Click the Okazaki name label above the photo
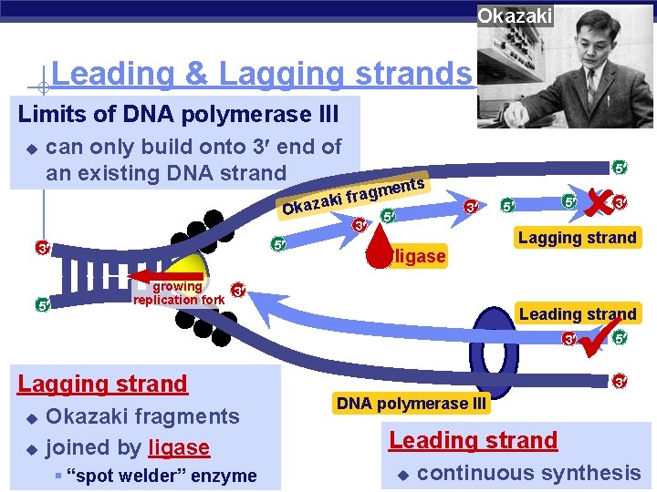pyautogui.click(x=515, y=15)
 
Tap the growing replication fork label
pyautogui.click(x=178, y=292)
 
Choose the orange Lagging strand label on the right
pyautogui.click(x=577, y=238)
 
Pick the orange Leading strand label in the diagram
pyautogui.click(x=577, y=313)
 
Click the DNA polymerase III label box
pyautogui.click(x=411, y=403)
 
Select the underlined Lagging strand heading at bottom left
pyautogui.click(x=102, y=384)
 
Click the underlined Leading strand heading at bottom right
pyautogui.click(x=473, y=440)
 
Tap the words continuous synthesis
pyautogui.click(x=528, y=472)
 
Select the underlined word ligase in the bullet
pyautogui.click(x=179, y=447)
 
